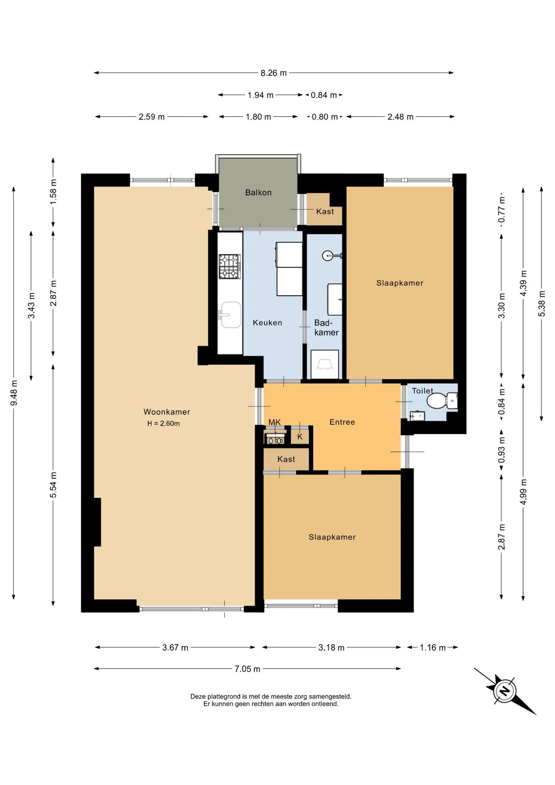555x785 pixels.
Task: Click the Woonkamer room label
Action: tap(167, 412)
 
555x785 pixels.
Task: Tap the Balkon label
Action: tap(258, 192)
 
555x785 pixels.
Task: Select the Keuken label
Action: tap(267, 323)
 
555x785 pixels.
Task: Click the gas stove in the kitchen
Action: tap(229, 267)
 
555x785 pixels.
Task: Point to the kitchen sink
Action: tap(231, 315)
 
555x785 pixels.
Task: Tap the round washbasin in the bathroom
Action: tap(329, 256)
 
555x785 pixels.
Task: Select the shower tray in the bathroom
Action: tap(325, 364)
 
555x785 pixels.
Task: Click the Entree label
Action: tap(342, 422)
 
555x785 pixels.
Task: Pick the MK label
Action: tap(275, 422)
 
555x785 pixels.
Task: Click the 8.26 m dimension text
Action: tap(274, 73)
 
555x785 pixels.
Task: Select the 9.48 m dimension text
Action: tap(14, 393)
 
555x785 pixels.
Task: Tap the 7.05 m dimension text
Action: tap(247, 669)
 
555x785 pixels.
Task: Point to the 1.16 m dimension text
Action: tap(433, 648)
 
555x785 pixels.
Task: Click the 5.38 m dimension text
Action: tap(542, 303)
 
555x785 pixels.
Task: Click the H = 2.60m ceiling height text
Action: tap(163, 424)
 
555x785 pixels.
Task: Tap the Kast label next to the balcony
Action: tap(325, 211)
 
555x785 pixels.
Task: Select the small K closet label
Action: tap(300, 437)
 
